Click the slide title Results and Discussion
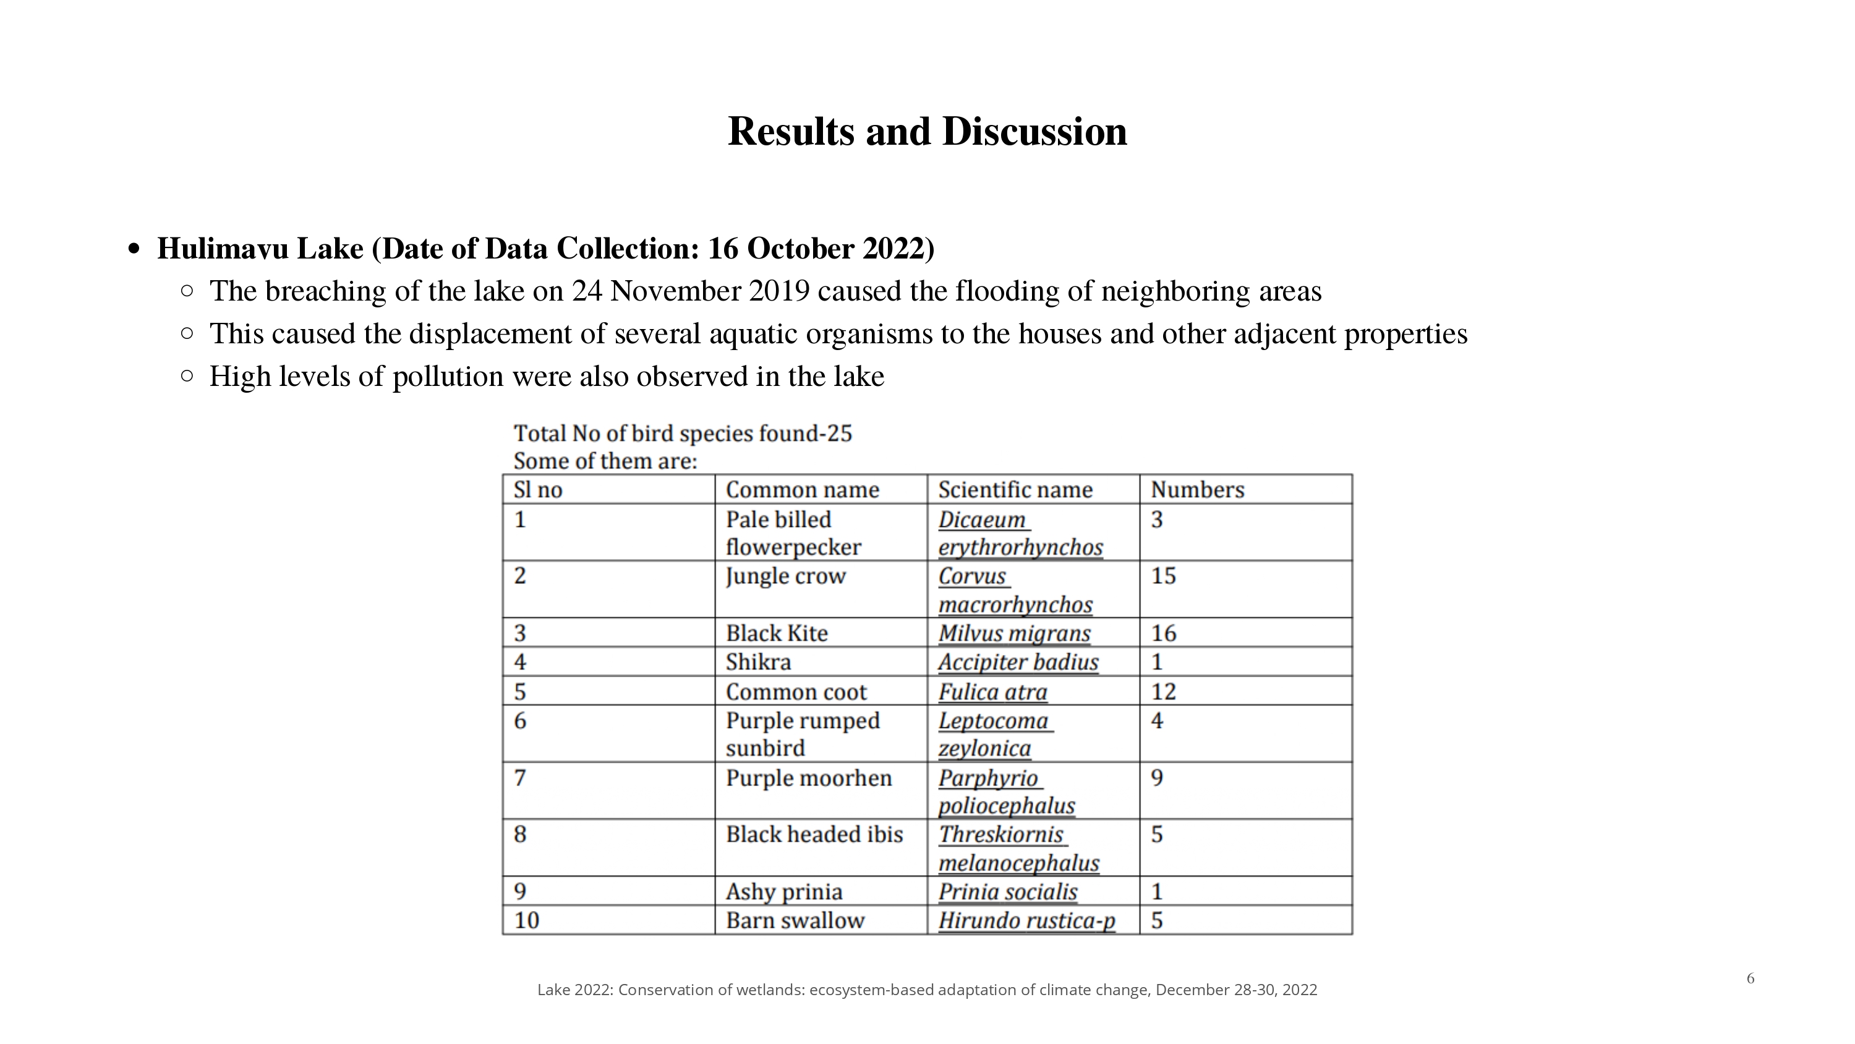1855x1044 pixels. click(927, 132)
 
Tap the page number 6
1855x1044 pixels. click(1751, 978)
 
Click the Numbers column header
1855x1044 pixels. click(1197, 490)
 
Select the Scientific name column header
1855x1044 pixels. click(1015, 490)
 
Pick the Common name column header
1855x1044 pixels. click(802, 490)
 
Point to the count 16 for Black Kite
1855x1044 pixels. click(1163, 633)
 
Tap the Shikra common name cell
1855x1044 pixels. click(757, 662)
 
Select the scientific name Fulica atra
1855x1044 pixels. click(992, 691)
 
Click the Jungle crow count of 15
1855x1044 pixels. click(1163, 576)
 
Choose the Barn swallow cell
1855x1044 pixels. click(795, 921)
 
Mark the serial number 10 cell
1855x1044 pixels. click(526, 921)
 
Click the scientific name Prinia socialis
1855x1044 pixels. click(1007, 892)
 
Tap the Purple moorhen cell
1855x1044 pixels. click(808, 778)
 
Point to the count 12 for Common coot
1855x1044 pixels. click(1163, 691)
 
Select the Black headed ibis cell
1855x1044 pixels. click(814, 834)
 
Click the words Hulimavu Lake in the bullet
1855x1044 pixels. click(260, 249)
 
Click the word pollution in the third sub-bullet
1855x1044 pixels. click(447, 377)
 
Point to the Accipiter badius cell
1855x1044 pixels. click(1018, 662)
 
